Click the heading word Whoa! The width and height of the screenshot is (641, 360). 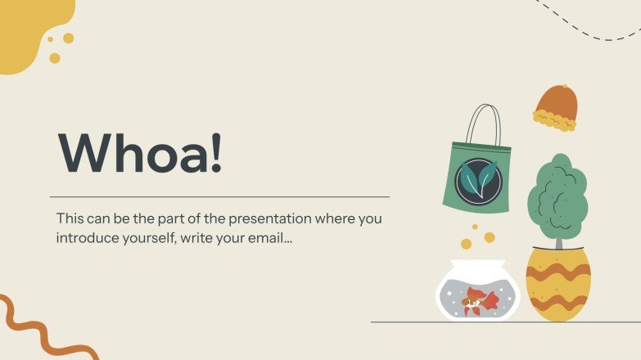[x=139, y=151]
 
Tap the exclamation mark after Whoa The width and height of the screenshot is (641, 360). [x=215, y=151]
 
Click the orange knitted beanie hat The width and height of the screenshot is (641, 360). [x=556, y=103]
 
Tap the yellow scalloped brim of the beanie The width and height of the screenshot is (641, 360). [x=555, y=123]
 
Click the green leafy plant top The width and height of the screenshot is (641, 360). [x=557, y=194]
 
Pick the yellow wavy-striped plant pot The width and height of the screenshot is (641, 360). [x=557, y=286]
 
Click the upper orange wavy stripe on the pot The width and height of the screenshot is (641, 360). [x=557, y=272]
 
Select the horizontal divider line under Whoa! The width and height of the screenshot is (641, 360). [x=219, y=197]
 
